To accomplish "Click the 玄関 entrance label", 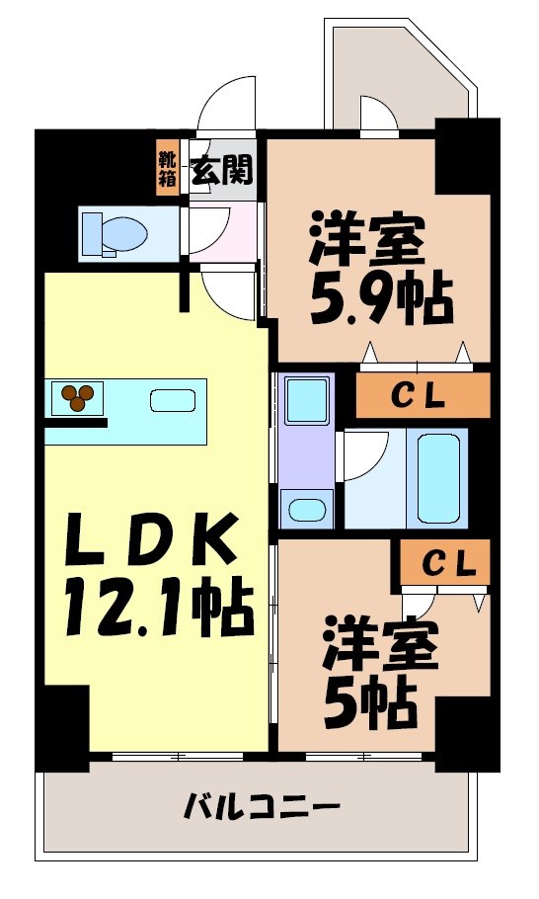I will coord(222,172).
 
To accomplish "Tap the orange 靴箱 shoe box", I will coord(167,169).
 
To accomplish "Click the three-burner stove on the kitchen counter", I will coord(78,397).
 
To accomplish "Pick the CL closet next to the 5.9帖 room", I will coord(423,395).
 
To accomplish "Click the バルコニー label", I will coord(262,809).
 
